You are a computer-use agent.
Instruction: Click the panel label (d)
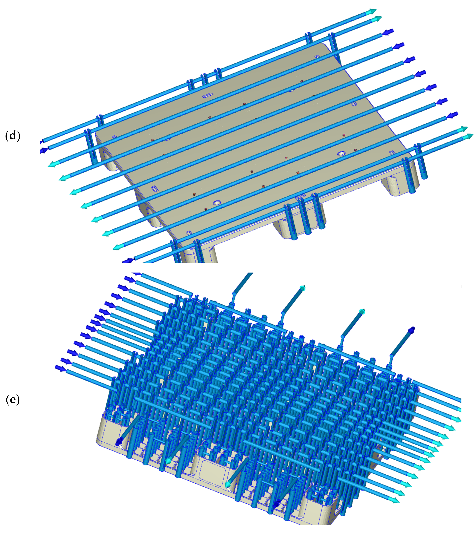(x=13, y=136)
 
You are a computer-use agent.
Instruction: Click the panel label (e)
(x=13, y=400)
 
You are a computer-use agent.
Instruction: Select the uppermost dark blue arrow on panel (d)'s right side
(x=388, y=32)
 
